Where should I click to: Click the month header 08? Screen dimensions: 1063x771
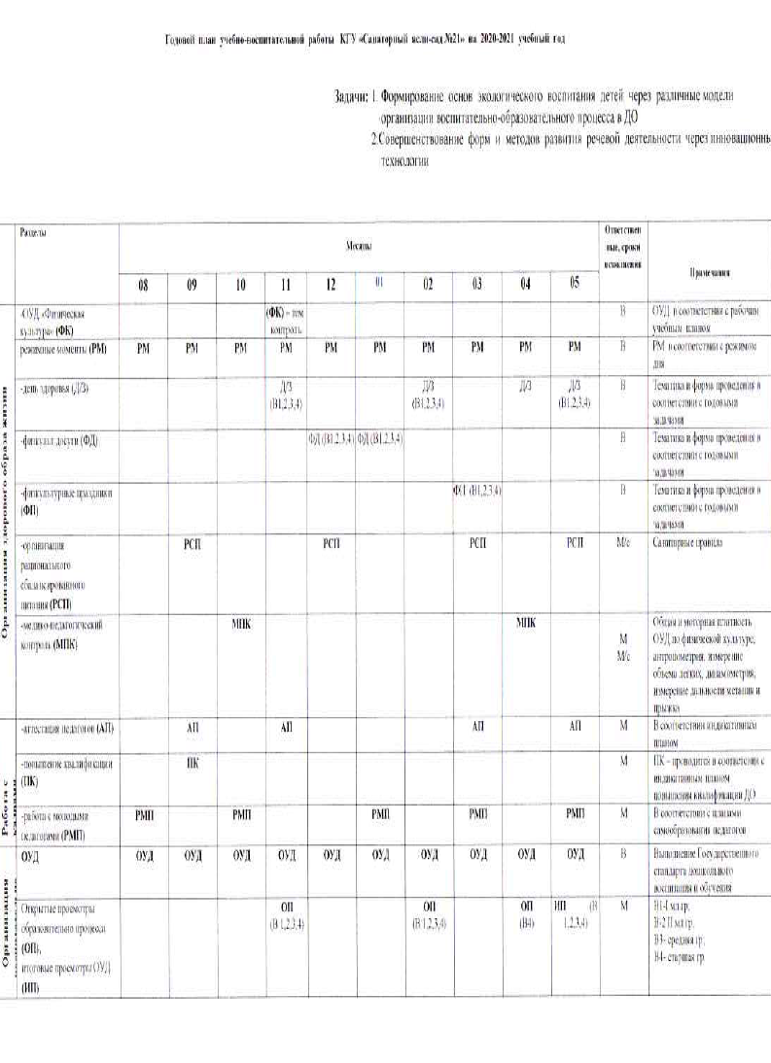click(x=143, y=285)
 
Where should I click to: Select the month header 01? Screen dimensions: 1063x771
click(x=380, y=284)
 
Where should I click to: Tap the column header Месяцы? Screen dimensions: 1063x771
click(x=358, y=249)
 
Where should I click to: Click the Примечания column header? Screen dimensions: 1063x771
click(x=709, y=273)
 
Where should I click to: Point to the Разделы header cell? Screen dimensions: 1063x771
click(x=33, y=233)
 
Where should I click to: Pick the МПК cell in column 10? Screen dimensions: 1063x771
click(x=241, y=622)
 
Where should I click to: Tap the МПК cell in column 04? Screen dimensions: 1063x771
click(x=526, y=622)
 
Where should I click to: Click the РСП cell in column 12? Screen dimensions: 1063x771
click(x=333, y=542)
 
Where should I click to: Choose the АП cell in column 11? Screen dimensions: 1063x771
click(x=286, y=727)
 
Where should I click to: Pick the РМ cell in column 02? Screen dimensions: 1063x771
click(x=428, y=346)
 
